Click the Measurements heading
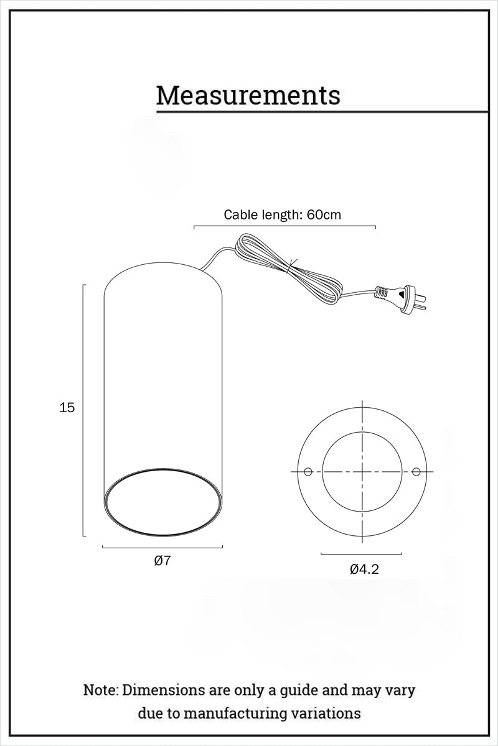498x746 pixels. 248,95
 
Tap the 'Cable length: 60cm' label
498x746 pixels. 283,215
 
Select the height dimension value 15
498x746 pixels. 67,408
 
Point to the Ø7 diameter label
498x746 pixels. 162,561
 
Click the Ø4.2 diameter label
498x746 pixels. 364,569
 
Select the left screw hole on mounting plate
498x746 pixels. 308,472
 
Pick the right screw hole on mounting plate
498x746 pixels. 416,472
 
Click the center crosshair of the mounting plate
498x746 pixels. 362,472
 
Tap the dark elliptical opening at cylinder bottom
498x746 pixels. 162,500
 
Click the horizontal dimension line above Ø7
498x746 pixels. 162,548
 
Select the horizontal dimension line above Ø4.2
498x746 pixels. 361,554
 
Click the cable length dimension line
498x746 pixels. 284,226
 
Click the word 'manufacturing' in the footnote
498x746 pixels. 252,713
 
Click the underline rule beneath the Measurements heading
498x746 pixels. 321,112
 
